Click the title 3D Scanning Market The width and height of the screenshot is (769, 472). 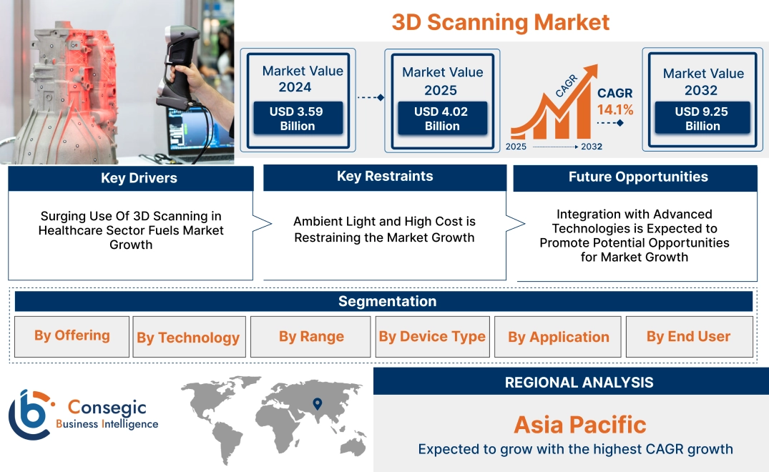coord(500,22)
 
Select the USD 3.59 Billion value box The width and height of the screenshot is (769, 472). coord(298,119)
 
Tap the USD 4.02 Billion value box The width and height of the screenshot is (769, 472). coord(442,119)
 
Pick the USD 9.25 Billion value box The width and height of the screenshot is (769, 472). coord(702,119)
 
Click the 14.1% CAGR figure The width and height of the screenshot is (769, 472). coord(615,110)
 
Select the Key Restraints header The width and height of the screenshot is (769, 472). coord(385,177)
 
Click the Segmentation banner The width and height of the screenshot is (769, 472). coord(387,301)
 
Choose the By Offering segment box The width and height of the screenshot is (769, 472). coord(72,336)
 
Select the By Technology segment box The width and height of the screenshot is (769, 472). coord(188,338)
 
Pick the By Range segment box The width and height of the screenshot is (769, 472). coord(311,337)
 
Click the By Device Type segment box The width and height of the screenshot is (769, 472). coord(432,337)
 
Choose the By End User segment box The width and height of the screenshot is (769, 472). coord(688,337)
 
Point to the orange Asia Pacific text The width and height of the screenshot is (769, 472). coord(579,425)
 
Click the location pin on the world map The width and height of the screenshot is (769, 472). coord(318,405)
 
